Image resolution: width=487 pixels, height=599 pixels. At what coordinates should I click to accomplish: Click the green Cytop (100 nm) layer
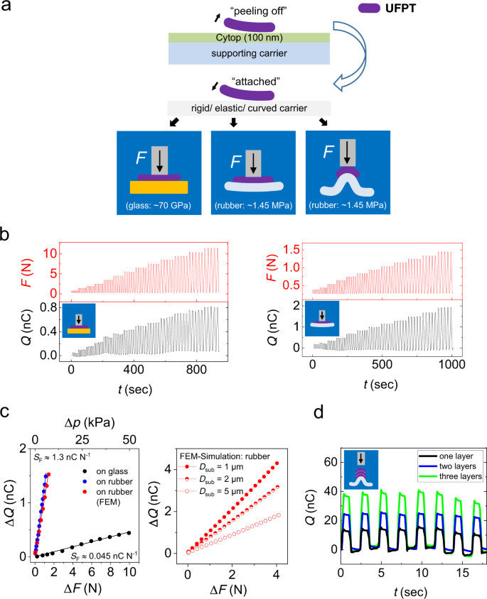(x=250, y=38)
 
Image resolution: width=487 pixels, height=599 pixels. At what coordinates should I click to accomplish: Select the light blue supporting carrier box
(x=250, y=54)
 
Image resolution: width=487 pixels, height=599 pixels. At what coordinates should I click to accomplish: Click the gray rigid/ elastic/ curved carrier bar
(x=250, y=107)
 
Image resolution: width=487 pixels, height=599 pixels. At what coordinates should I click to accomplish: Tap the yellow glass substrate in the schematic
(x=159, y=186)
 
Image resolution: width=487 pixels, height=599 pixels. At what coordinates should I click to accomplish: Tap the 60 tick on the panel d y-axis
(x=328, y=462)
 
